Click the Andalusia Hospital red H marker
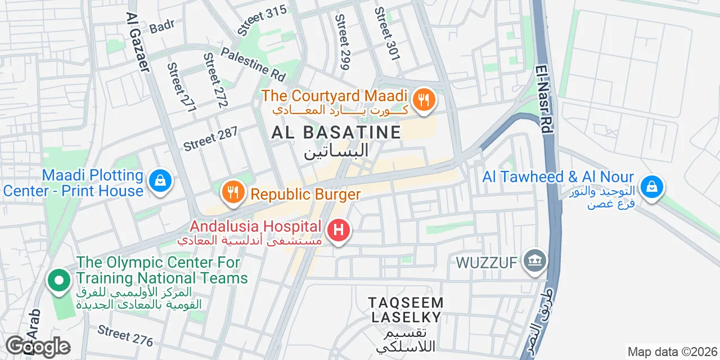(x=339, y=230)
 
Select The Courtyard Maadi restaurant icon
(x=422, y=101)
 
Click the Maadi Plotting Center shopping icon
(x=160, y=181)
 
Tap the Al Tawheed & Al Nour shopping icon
(x=651, y=186)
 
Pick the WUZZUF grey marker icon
(x=535, y=261)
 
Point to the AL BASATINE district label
(x=336, y=133)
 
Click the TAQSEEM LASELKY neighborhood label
(x=406, y=310)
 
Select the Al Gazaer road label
(x=138, y=42)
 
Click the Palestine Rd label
(x=253, y=63)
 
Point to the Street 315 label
(x=262, y=20)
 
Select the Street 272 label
(x=215, y=80)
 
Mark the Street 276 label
(x=125, y=335)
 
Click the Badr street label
(x=163, y=25)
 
